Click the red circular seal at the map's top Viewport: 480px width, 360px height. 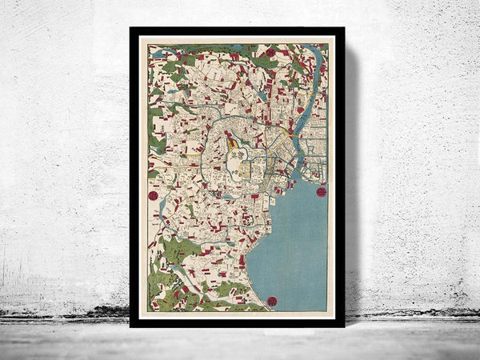click(x=270, y=52)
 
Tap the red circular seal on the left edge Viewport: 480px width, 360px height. click(x=153, y=194)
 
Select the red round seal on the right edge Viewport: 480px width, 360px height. click(x=322, y=191)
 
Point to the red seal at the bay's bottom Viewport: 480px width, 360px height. click(x=271, y=301)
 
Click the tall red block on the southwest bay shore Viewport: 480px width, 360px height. click(x=242, y=261)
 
